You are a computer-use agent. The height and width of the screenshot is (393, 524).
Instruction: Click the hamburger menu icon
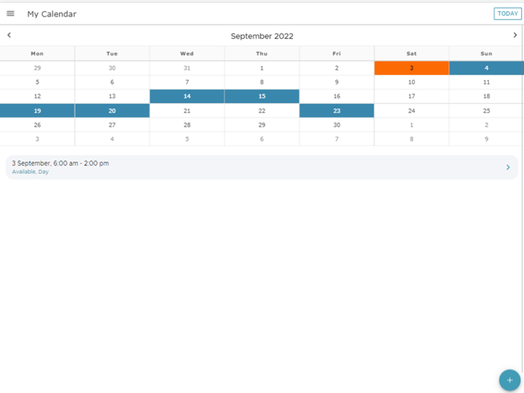pyautogui.click(x=10, y=13)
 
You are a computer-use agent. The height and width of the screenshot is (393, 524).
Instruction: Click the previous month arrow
pyautogui.click(x=9, y=35)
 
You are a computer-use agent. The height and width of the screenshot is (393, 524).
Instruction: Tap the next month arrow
pyautogui.click(x=515, y=35)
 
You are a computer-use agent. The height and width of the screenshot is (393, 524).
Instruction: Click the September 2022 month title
pyautogui.click(x=262, y=36)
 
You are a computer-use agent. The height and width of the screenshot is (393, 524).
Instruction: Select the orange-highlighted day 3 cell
pyautogui.click(x=412, y=68)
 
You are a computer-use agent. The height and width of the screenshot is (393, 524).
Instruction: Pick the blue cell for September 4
pyautogui.click(x=487, y=68)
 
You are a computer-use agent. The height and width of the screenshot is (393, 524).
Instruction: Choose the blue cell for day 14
pyautogui.click(x=187, y=97)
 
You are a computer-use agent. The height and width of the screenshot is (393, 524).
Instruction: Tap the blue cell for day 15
pyautogui.click(x=262, y=97)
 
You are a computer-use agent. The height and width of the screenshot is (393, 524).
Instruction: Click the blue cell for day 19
pyautogui.click(x=37, y=111)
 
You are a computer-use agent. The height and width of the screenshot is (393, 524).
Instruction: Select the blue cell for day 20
pyautogui.click(x=112, y=111)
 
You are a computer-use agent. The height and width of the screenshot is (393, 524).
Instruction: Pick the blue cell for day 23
pyautogui.click(x=337, y=111)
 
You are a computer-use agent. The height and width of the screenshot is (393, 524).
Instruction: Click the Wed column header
pyautogui.click(x=187, y=54)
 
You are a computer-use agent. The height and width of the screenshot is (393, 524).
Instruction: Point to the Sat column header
pyautogui.click(x=412, y=54)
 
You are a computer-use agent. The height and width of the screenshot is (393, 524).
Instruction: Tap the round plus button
pyautogui.click(x=510, y=380)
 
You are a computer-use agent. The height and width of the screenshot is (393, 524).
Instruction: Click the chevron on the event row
pyautogui.click(x=508, y=168)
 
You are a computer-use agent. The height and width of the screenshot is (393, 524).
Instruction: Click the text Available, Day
pyautogui.click(x=31, y=172)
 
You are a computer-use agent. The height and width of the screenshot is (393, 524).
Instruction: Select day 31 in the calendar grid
pyautogui.click(x=187, y=68)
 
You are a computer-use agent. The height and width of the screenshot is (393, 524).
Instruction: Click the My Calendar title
pyautogui.click(x=52, y=14)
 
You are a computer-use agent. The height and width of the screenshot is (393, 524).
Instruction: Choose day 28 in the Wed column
pyautogui.click(x=187, y=125)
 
